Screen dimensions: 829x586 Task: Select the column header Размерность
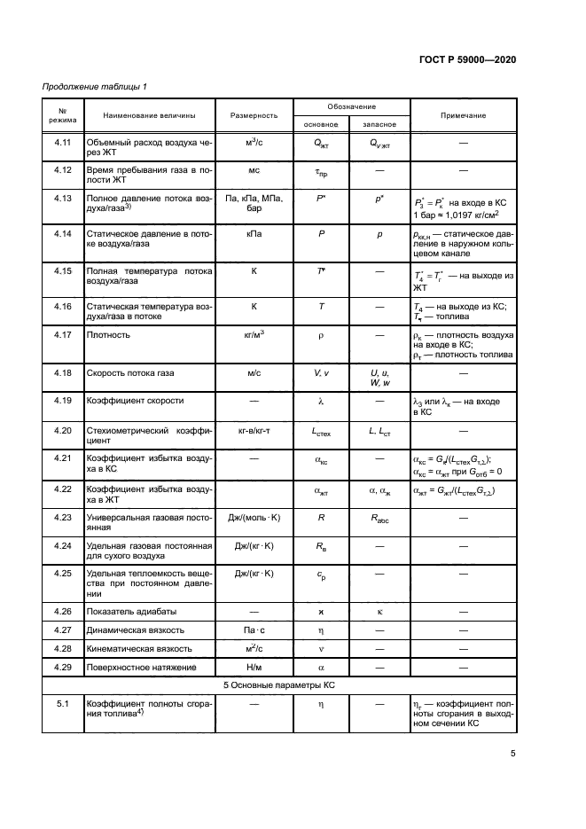(254, 116)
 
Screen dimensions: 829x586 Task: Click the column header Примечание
(463, 116)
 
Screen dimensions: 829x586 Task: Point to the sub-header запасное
(379, 124)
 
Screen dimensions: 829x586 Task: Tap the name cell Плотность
(107, 335)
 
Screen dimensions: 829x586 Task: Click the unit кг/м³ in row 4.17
(254, 335)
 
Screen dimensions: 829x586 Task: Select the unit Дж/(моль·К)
(254, 515)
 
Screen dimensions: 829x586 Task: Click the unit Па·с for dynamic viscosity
(254, 630)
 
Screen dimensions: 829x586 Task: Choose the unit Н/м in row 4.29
(254, 668)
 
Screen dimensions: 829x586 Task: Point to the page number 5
(513, 755)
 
